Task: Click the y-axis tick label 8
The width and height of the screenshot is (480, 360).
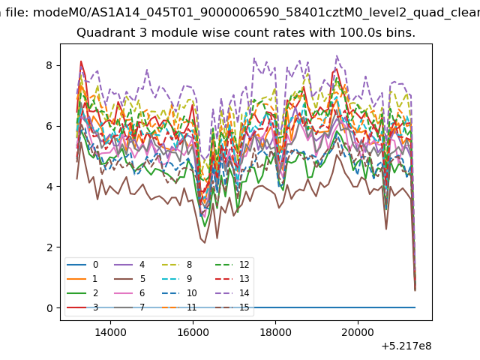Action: [49, 65]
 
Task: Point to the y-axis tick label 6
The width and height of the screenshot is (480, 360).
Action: [49, 126]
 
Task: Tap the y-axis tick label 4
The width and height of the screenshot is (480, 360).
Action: [49, 187]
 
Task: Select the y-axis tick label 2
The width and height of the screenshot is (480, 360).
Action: [49, 247]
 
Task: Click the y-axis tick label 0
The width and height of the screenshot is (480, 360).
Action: [49, 307]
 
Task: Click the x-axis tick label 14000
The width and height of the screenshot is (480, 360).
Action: [110, 332]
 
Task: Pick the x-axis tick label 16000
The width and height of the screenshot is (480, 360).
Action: [193, 332]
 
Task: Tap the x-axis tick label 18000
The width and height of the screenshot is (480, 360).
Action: [275, 332]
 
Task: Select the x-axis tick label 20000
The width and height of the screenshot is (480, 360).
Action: [358, 332]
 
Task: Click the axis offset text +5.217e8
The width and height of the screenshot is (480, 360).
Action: [406, 346]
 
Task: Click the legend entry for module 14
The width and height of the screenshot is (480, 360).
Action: [232, 293]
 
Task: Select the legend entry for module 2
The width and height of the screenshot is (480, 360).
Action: [82, 293]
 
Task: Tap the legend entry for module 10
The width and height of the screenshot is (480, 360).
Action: [179, 293]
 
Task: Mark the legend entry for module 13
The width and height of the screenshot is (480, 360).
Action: [232, 279]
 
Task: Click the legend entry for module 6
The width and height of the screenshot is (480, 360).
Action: [130, 293]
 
